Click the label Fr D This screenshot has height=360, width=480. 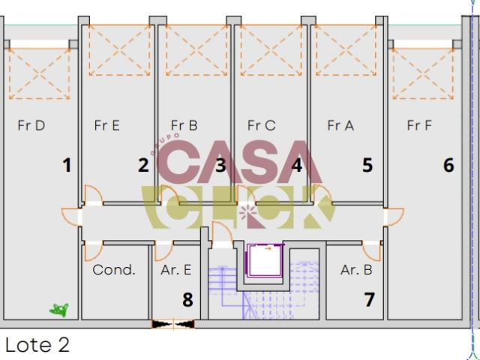[31, 125]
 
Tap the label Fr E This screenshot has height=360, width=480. [106, 125]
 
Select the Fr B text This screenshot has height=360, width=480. [184, 125]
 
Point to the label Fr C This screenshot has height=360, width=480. [262, 125]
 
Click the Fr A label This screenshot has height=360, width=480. [340, 125]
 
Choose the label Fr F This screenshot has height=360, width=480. [419, 125]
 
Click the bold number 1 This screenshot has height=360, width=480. [67, 165]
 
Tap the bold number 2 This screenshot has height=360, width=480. [143, 165]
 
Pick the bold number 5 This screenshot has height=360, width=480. [367, 165]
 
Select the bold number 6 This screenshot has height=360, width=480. [448, 165]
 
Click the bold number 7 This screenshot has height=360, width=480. [369, 300]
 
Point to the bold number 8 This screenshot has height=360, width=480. [187, 300]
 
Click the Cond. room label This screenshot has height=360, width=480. [114, 270]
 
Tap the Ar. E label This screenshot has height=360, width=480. [176, 270]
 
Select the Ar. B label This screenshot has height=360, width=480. [356, 270]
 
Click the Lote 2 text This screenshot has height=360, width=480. [37, 345]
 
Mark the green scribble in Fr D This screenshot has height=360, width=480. [59, 310]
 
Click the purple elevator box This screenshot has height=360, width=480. [265, 260]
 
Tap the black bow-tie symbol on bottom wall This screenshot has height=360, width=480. [173, 324]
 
